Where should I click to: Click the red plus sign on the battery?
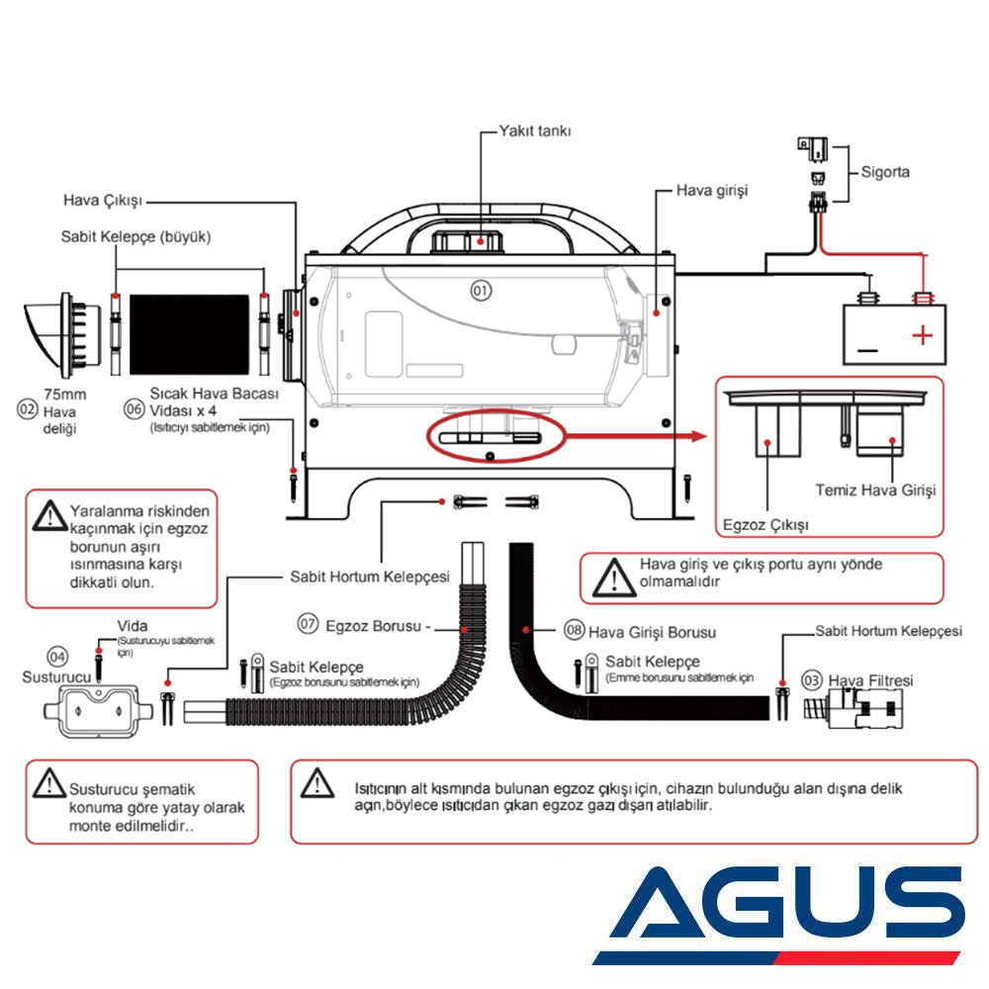922,335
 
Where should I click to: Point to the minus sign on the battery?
867,350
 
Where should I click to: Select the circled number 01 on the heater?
481,291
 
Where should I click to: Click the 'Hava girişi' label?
711,189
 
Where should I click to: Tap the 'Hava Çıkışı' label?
103,200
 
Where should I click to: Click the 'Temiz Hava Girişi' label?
874,490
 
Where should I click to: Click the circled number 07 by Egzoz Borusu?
310,624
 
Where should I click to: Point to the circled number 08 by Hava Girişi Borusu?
574,630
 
